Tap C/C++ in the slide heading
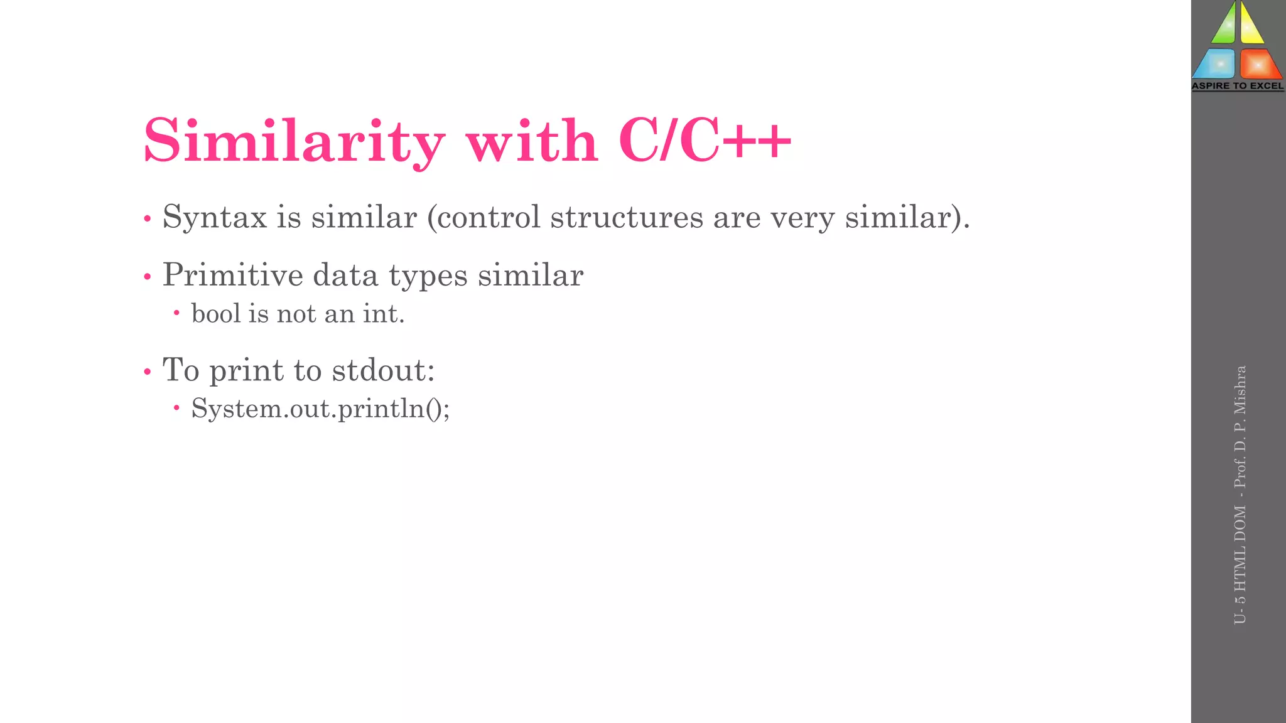point(705,141)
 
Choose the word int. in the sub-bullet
point(384,313)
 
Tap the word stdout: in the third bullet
point(383,370)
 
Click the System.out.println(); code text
point(320,409)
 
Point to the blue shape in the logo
point(1215,63)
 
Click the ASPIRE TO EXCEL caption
point(1238,86)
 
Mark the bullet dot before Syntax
point(148,220)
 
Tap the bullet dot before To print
point(148,372)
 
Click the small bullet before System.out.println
point(176,409)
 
